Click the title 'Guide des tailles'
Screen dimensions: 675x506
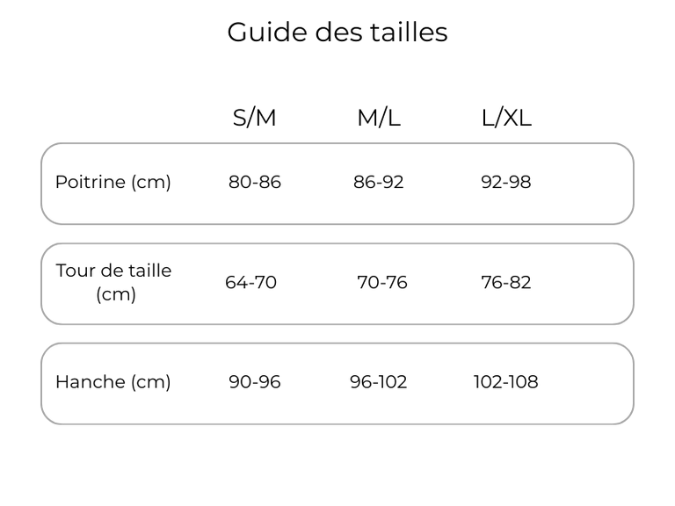click(x=337, y=32)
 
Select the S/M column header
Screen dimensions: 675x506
click(x=254, y=118)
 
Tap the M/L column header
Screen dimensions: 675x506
click(x=379, y=118)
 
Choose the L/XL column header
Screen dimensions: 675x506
click(x=506, y=118)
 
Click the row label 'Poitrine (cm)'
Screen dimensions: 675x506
click(x=113, y=183)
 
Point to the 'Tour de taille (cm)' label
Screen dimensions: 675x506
click(x=113, y=282)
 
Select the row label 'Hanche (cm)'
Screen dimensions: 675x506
click(x=113, y=382)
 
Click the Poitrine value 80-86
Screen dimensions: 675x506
click(x=254, y=182)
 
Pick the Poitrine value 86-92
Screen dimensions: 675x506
click(x=379, y=182)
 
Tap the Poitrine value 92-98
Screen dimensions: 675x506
click(x=506, y=182)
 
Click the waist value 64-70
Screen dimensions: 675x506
click(x=250, y=282)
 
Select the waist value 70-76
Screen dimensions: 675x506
click(x=381, y=282)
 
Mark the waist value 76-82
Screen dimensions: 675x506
click(x=506, y=282)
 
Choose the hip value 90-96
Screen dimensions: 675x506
click(x=254, y=381)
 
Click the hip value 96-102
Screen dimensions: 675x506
click(x=379, y=381)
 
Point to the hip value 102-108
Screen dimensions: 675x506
click(x=506, y=381)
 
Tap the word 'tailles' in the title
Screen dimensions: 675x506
click(x=410, y=32)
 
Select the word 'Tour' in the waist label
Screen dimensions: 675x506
click(x=76, y=271)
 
